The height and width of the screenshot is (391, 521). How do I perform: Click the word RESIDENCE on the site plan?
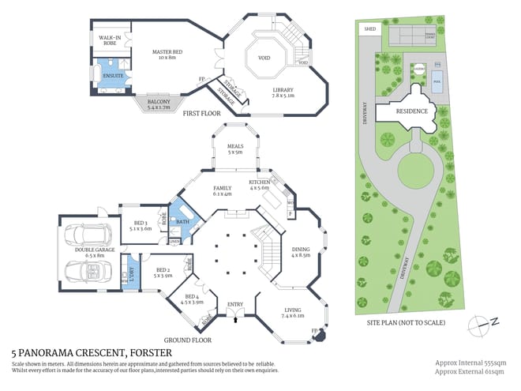pyautogui.click(x=411, y=111)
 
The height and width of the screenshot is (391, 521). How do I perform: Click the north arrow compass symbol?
pyautogui.click(x=482, y=321)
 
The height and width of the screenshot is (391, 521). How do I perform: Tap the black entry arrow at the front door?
pyautogui.click(x=234, y=315)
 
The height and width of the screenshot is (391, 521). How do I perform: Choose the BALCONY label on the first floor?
pyautogui.click(x=159, y=104)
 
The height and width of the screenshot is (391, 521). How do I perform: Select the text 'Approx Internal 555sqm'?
pyautogui.click(x=471, y=362)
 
